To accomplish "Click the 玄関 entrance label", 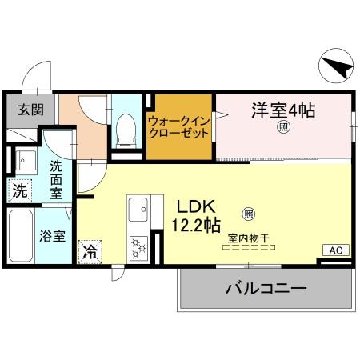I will pyautogui.click(x=22, y=110).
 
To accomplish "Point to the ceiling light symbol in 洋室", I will pyautogui.click(x=282, y=127).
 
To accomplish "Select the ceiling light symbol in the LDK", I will pyautogui.click(x=248, y=214).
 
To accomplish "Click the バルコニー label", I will pyautogui.click(x=265, y=288).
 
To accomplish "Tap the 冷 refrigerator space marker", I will pyautogui.click(x=90, y=251).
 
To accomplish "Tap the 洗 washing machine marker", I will pyautogui.click(x=19, y=192).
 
